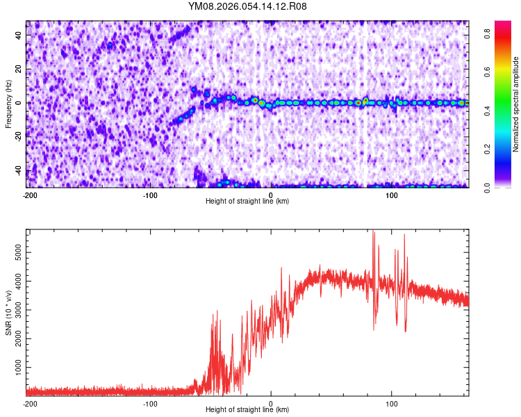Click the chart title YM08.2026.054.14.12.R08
[x=247, y=6]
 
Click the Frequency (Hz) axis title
[x=8, y=104]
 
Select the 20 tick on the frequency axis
[x=19, y=69]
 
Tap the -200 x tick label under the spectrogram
[x=30, y=195]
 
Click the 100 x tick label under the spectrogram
[x=392, y=195]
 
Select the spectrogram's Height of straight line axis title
[x=247, y=202]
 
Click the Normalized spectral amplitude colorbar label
[x=517, y=104]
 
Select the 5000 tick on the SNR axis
[x=15, y=253]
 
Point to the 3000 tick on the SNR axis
[x=15, y=309]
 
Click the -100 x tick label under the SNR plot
[x=151, y=404]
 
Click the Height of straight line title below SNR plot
[x=247, y=411]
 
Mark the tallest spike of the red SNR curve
[x=374, y=232]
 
